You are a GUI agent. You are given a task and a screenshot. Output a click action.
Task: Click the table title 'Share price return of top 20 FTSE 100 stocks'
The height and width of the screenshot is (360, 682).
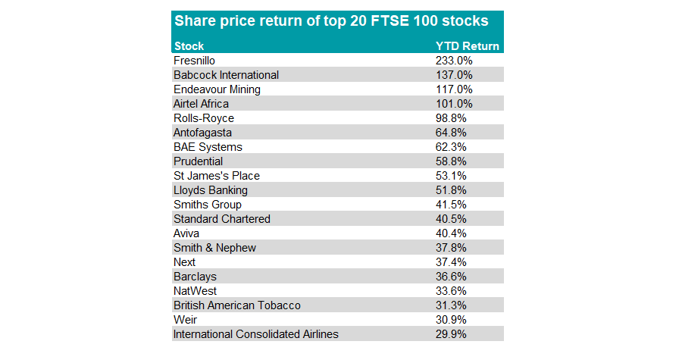tap(331, 20)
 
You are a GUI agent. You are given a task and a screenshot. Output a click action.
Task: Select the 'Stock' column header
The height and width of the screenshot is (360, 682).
tap(189, 46)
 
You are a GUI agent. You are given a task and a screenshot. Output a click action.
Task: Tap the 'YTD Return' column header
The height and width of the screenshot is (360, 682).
tap(467, 46)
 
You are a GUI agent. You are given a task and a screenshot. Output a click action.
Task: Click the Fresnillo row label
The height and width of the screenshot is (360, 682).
tap(196, 61)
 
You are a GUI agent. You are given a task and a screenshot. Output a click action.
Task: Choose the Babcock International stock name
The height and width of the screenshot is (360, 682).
tap(226, 75)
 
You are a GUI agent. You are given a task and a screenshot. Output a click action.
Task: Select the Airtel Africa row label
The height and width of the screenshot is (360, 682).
tap(201, 104)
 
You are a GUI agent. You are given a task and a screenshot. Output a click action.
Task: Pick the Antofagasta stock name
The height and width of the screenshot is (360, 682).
tap(202, 133)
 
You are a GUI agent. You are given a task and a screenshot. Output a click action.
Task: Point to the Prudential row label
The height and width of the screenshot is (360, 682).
tap(198, 161)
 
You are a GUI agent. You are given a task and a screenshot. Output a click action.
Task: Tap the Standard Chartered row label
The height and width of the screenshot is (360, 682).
tap(221, 219)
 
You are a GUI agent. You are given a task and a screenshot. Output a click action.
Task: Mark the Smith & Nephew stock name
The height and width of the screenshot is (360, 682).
tap(214, 248)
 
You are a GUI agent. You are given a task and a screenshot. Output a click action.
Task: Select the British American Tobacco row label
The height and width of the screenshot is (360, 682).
tap(236, 305)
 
